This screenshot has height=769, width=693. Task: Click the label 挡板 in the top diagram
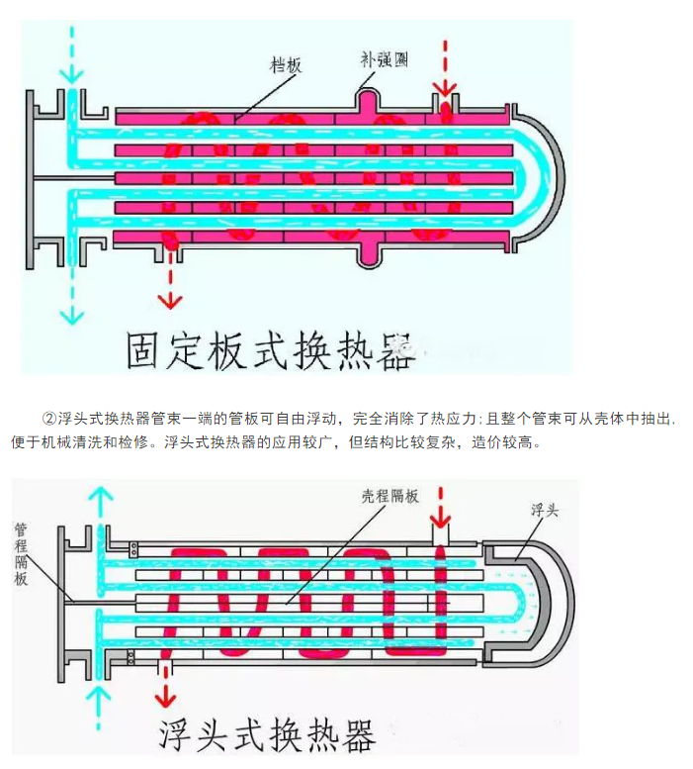(x=287, y=64)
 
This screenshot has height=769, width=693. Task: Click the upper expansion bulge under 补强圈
(x=367, y=99)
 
